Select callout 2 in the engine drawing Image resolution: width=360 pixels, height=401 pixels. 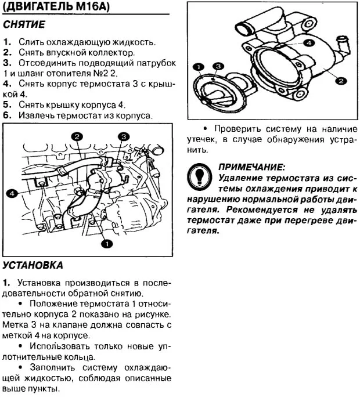point(76,136)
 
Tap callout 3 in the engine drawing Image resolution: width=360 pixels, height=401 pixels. point(124,136)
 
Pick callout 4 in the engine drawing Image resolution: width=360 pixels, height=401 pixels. point(11,193)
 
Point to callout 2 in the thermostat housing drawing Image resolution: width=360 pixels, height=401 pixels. point(341,81)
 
